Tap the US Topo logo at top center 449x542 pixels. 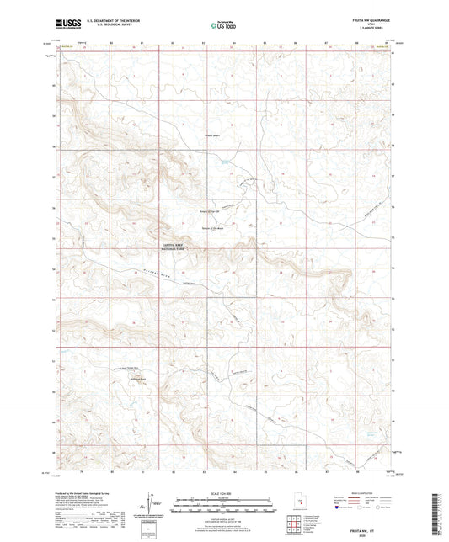(222, 25)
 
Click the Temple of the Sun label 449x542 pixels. (208, 210)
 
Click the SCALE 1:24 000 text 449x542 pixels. (223, 492)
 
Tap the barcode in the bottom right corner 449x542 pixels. (437, 512)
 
